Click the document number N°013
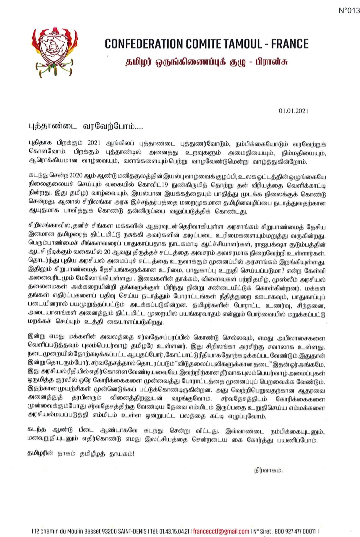pyautogui.click(x=349, y=11)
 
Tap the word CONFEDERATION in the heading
pyautogui.click(x=144, y=44)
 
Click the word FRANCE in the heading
pyautogui.click(x=290, y=44)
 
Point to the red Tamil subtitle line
pyautogui.click(x=206, y=62)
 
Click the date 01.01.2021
pyautogui.click(x=293, y=111)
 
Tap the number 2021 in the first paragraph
pyautogui.click(x=94, y=144)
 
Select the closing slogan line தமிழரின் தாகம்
pyautogui.click(x=81, y=454)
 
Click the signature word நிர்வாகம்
pyautogui.click(x=268, y=470)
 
